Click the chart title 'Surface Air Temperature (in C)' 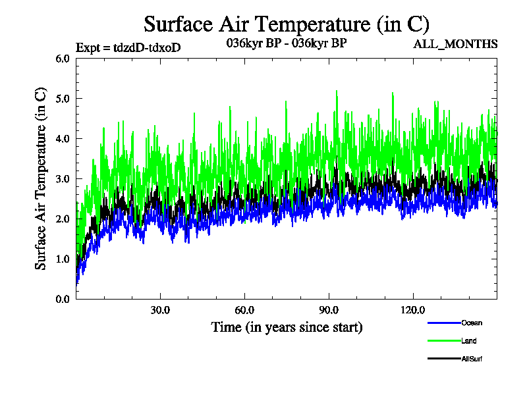[287, 24]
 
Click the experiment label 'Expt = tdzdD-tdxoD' [128, 47]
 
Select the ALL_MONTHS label [455, 45]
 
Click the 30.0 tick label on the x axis [160, 310]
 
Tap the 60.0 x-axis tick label [244, 310]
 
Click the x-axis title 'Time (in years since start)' [287, 327]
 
